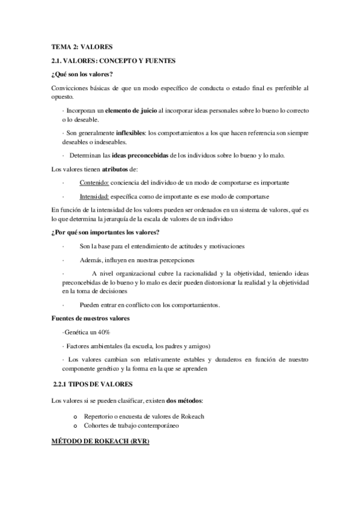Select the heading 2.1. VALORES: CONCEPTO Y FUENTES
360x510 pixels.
tap(112, 61)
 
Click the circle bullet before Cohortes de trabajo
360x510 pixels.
tap(75, 425)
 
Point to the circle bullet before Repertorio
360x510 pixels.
tap(75, 416)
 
